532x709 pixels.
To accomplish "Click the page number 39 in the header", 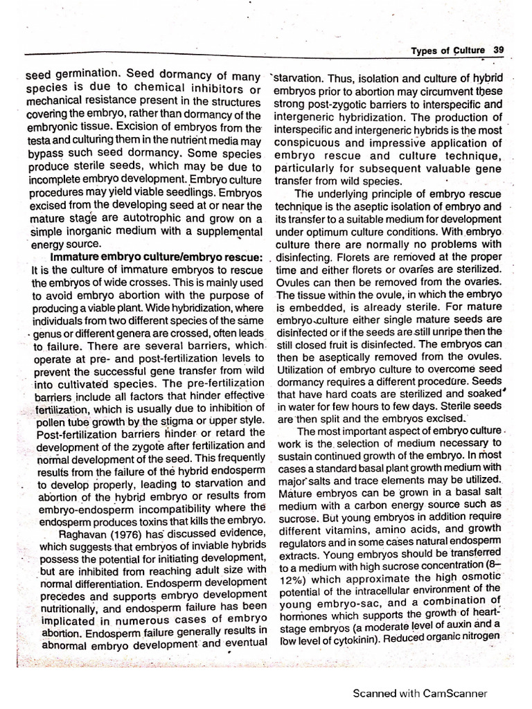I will coord(498,50).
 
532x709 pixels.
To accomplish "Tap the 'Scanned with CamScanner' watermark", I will coord(420,692).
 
